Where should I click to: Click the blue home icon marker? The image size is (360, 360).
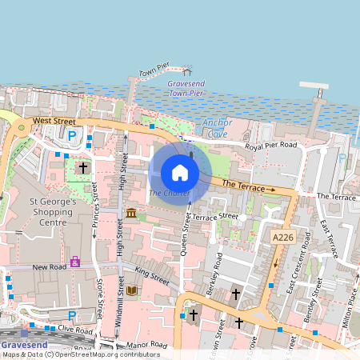coord(180,173)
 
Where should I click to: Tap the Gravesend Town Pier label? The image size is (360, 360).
coord(189,89)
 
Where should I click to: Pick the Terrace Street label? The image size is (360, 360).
coord(214,217)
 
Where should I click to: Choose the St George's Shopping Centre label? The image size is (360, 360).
coord(53,212)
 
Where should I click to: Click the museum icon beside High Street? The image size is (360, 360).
coord(130,213)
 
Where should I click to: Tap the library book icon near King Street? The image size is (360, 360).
coord(132,290)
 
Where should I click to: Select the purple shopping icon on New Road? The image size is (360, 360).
coord(74,261)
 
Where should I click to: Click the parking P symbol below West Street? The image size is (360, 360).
coord(73,137)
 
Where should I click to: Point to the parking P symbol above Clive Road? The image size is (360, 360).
coord(72,316)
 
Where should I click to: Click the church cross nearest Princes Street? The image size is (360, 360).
coord(83,168)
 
